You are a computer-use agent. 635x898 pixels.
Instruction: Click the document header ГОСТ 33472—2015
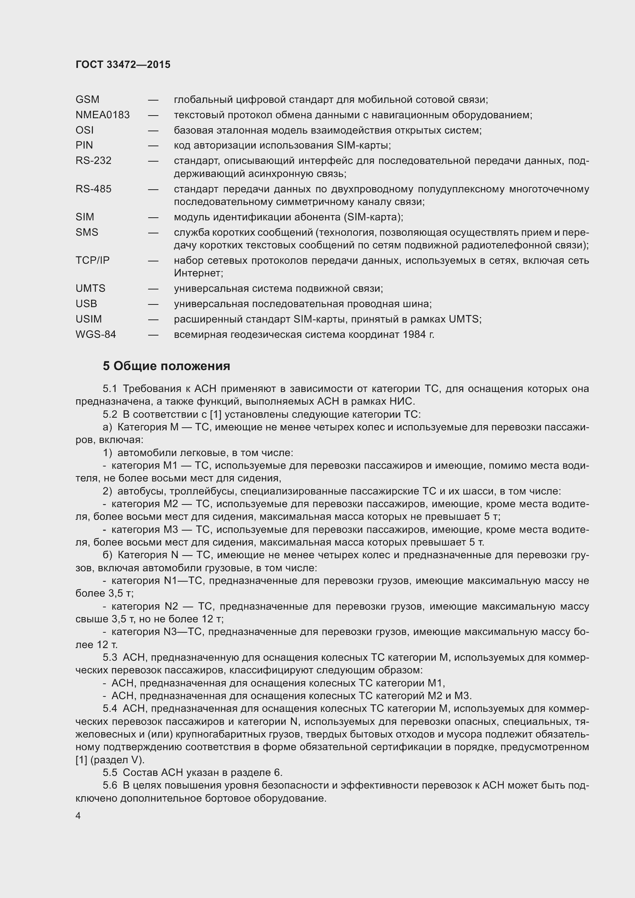pos(123,64)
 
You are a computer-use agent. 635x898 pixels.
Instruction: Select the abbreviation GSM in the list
pos(87,99)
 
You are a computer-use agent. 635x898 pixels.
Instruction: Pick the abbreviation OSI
pos(84,130)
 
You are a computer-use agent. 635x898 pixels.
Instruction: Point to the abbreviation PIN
pos(84,145)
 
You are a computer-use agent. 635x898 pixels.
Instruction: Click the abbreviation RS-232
pos(93,160)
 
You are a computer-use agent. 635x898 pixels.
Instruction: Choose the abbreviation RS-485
pos(93,189)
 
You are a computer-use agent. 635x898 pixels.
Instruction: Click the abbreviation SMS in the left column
pos(87,232)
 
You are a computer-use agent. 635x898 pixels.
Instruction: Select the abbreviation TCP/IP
pos(93,260)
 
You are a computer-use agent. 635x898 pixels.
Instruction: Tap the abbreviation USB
pos(86,304)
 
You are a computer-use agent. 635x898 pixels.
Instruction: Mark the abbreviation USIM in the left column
pos(88,319)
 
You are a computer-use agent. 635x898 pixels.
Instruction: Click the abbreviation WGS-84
pos(96,334)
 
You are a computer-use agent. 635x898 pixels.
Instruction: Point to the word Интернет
pos(198,273)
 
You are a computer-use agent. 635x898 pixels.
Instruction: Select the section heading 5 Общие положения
pos(166,366)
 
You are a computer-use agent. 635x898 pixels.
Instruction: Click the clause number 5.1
pos(110,389)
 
